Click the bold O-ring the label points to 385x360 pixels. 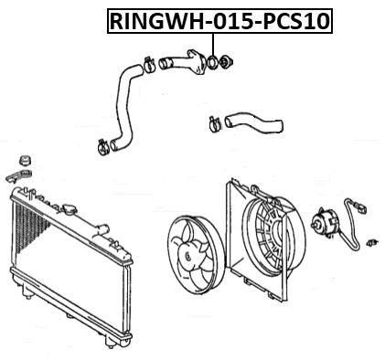point(214,63)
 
